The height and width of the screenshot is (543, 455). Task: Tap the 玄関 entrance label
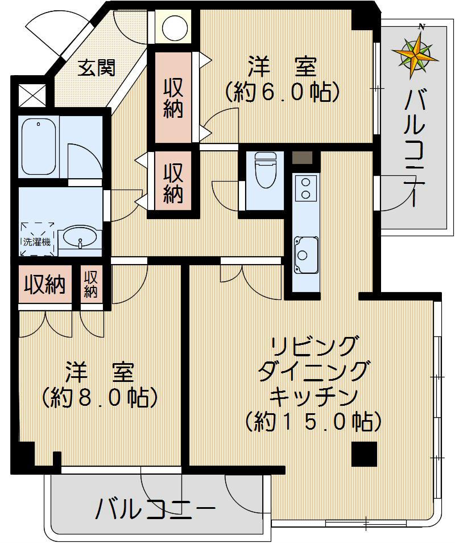coord(96,68)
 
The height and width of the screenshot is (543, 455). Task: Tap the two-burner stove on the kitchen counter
coord(305,188)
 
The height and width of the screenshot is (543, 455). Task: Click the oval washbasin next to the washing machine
coord(80,238)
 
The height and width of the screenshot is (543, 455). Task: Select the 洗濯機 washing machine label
coord(37,242)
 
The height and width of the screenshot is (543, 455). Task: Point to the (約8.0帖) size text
coord(100,397)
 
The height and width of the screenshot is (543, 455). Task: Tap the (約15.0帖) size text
coord(313,422)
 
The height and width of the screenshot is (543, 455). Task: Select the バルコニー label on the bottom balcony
coord(156,509)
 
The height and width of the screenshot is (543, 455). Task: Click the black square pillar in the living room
coord(364,454)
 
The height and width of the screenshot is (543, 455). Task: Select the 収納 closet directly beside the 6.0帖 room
coord(173,97)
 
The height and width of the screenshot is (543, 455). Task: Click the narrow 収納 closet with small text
coord(90,285)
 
